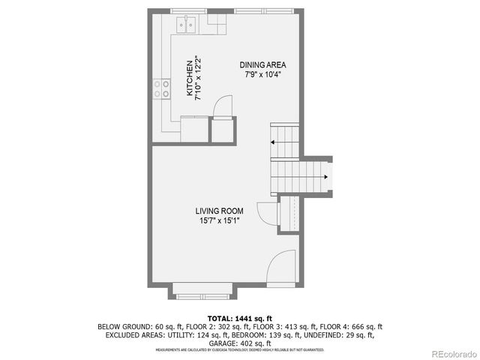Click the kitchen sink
[186, 25]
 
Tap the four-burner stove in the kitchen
[162, 89]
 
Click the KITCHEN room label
[189, 78]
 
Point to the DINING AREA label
[262, 64]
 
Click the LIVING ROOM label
[219, 211]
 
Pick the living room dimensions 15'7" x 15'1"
[219, 221]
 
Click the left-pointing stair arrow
[274, 141]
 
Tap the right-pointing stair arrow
[325, 177]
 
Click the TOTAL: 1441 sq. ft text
[239, 317]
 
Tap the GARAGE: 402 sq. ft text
[239, 343]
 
